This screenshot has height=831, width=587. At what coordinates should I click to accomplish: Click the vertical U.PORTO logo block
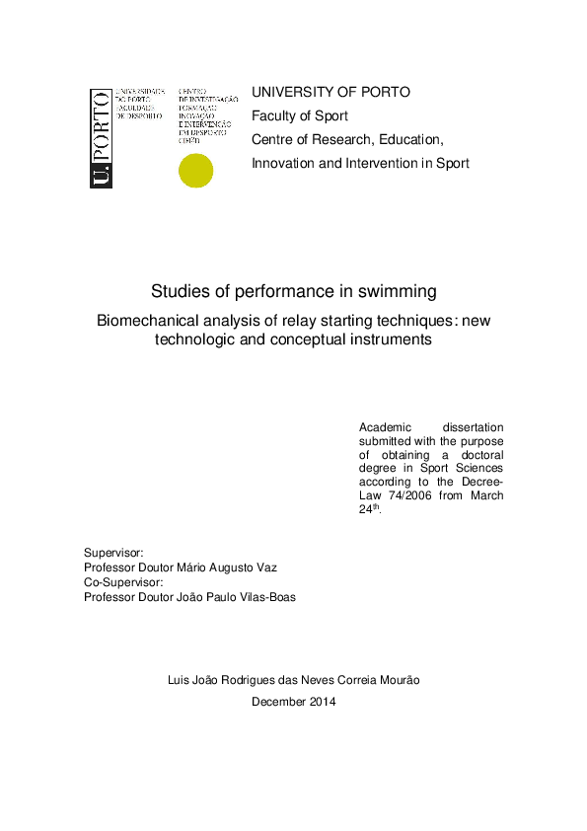tap(99, 138)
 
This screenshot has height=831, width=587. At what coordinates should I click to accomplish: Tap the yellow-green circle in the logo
tap(194, 171)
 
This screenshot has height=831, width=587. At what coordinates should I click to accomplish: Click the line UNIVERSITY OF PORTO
tap(330, 92)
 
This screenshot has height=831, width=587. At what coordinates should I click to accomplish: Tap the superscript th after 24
tap(374, 506)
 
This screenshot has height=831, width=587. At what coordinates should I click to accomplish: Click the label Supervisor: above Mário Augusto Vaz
tap(113, 553)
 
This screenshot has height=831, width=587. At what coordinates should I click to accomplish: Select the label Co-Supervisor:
tap(122, 582)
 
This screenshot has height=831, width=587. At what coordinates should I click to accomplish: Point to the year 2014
tap(321, 702)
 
